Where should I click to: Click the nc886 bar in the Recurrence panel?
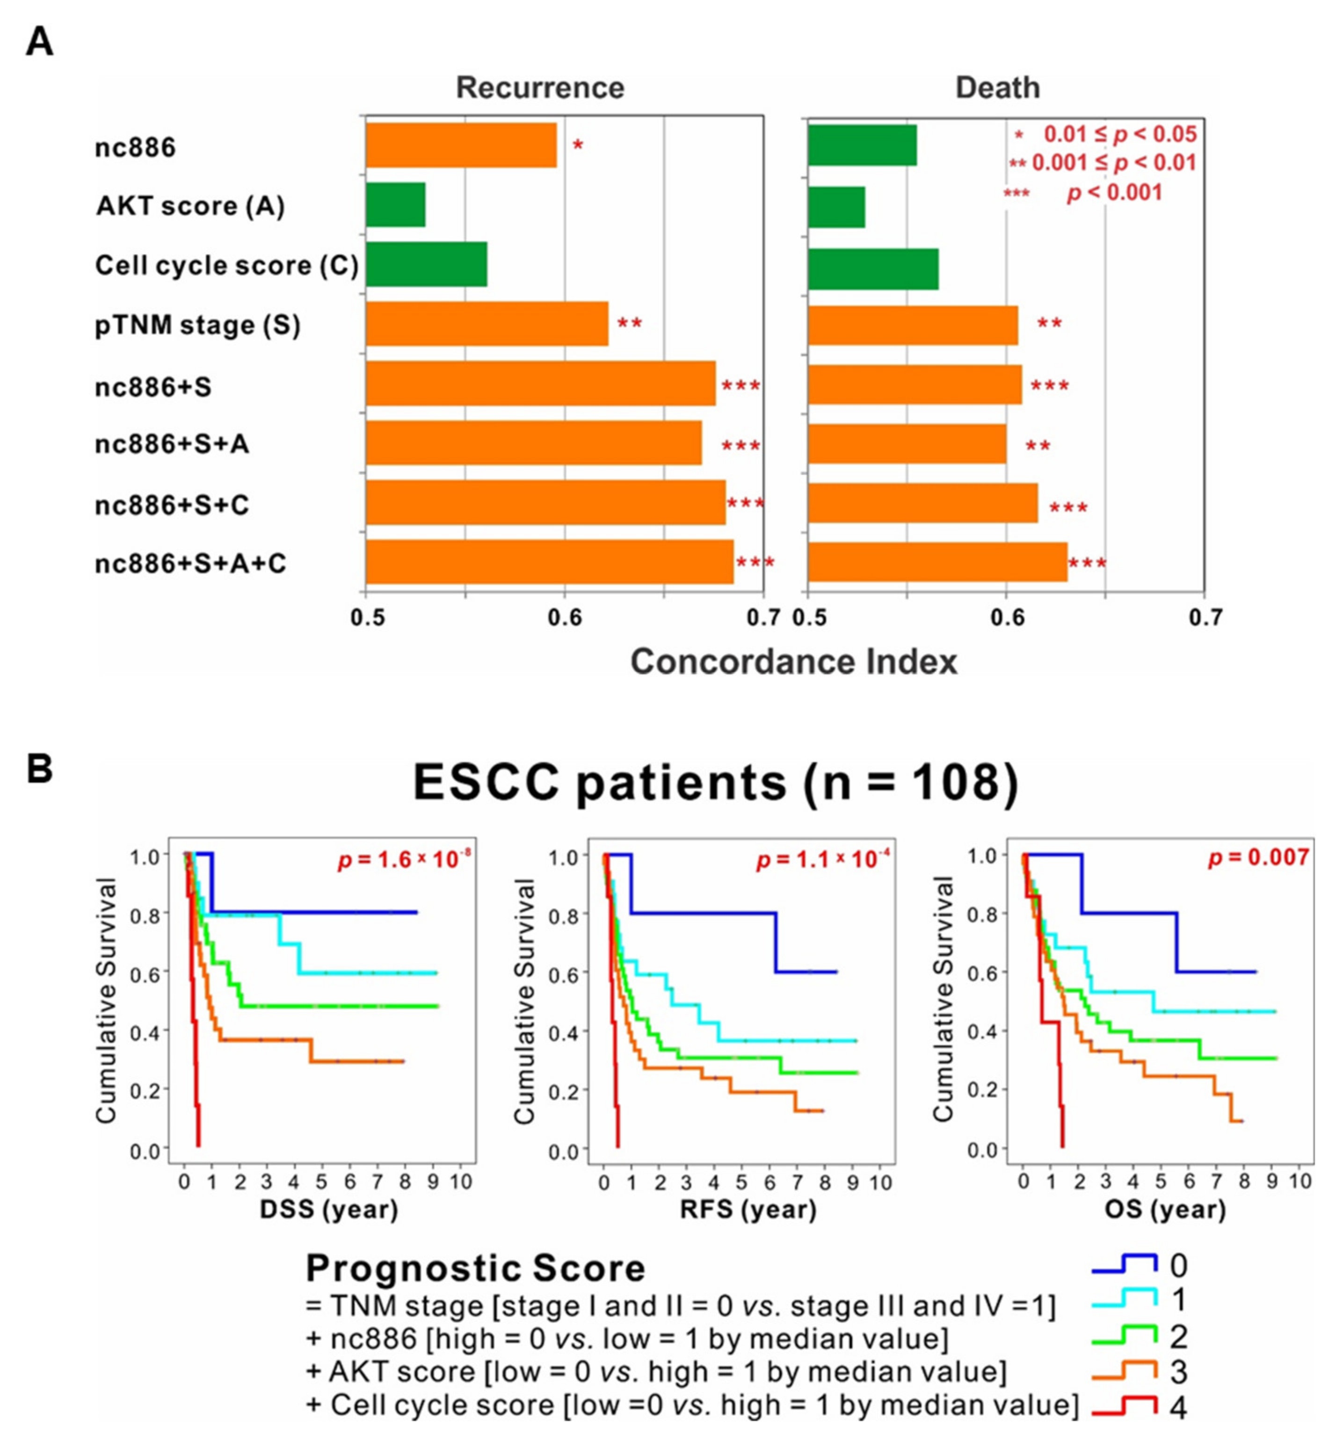[x=460, y=145]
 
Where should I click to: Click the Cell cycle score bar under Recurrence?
[x=426, y=265]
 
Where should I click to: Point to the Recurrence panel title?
[x=539, y=88]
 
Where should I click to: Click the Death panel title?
[x=997, y=88]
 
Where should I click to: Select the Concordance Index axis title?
[x=793, y=662]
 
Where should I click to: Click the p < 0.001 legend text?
[x=1114, y=193]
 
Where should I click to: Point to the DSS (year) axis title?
[x=329, y=1209]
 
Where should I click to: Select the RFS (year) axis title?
[x=748, y=1209]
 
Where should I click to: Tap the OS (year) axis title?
[x=1165, y=1209]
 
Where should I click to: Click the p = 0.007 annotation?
[x=1258, y=857]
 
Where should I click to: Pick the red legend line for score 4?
[x=1124, y=1406]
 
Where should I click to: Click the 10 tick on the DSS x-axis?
[x=460, y=1182]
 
